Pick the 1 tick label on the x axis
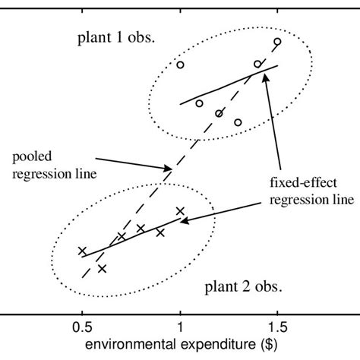[x=180, y=327]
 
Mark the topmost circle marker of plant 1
[x=277, y=42]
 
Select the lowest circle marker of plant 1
[x=238, y=122]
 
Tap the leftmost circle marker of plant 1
[x=180, y=65]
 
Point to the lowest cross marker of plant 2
[x=102, y=268]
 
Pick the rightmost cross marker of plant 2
[x=180, y=211]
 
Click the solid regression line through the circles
[x=228, y=85]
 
